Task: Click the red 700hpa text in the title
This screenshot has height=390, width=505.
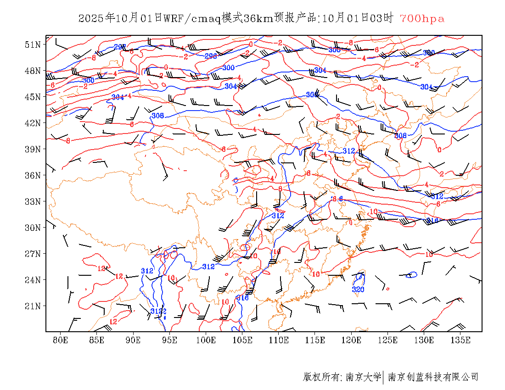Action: pyautogui.click(x=422, y=19)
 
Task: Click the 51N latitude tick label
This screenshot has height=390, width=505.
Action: pyautogui.click(x=33, y=45)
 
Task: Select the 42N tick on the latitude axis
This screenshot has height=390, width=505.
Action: pyautogui.click(x=33, y=123)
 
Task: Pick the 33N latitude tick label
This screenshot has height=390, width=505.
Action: pyautogui.click(x=33, y=201)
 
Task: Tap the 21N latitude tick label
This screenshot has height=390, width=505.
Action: pyautogui.click(x=33, y=306)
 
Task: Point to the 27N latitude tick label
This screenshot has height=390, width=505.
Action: pyautogui.click(x=33, y=254)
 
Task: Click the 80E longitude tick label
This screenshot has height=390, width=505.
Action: pyautogui.click(x=61, y=340)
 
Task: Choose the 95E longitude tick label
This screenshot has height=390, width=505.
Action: pyautogui.click(x=170, y=340)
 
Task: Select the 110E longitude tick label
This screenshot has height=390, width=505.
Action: pyautogui.click(x=279, y=340)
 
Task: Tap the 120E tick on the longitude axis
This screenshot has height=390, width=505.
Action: pyautogui.click(x=352, y=340)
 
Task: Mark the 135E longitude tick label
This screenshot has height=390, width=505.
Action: pyautogui.click(x=460, y=340)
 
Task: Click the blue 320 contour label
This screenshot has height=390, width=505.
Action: pyautogui.click(x=358, y=290)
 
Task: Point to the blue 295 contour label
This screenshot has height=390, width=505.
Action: pyautogui.click(x=120, y=47)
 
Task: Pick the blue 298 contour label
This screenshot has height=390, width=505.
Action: pyautogui.click(x=211, y=56)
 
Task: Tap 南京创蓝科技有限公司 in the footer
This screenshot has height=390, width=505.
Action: pyautogui.click(x=433, y=377)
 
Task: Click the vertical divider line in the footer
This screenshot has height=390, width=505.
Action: pyautogui.click(x=383, y=377)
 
